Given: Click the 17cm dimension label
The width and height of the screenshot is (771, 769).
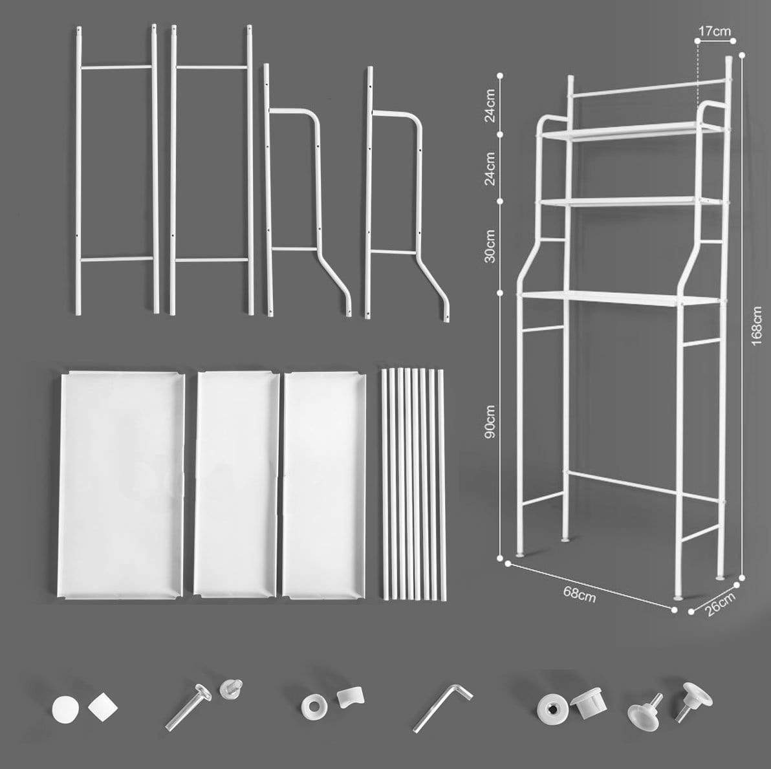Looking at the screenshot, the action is coord(715,32).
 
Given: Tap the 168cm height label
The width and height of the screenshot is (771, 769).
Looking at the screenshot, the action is coord(757,325).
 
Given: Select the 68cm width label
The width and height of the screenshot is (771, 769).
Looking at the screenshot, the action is coord(580,594).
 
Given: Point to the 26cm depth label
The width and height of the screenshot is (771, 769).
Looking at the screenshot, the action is coord(719,604).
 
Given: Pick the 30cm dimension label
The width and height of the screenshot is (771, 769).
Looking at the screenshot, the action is coord(490,246).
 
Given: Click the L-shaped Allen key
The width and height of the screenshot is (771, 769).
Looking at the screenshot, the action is coord(442,708).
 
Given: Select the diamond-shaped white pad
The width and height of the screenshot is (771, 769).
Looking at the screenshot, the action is coord(103,707).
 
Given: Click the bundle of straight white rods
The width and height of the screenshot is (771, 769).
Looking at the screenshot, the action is coord(414,484).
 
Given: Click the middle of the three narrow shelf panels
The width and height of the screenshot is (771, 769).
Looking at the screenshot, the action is coord(237,485).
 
